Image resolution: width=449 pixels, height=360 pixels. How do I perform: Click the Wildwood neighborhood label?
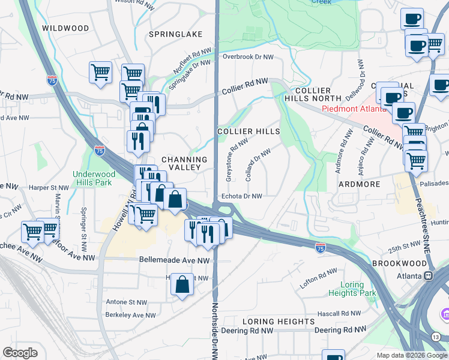(x=65, y=28)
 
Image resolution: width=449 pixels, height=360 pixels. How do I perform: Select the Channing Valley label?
(x=184, y=164)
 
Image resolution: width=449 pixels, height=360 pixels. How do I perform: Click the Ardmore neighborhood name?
(x=359, y=184)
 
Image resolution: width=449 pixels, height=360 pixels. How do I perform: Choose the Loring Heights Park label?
(x=352, y=289)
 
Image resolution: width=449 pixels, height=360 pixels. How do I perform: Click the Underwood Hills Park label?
(x=93, y=178)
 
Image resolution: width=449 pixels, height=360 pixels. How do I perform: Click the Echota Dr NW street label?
(x=242, y=196)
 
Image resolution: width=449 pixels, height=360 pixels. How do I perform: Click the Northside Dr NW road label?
(x=214, y=330)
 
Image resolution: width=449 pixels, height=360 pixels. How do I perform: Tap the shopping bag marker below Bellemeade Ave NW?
(x=182, y=285)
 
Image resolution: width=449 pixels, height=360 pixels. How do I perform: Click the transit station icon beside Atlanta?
(x=429, y=276)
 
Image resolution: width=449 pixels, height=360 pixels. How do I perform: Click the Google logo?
(x=20, y=353)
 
